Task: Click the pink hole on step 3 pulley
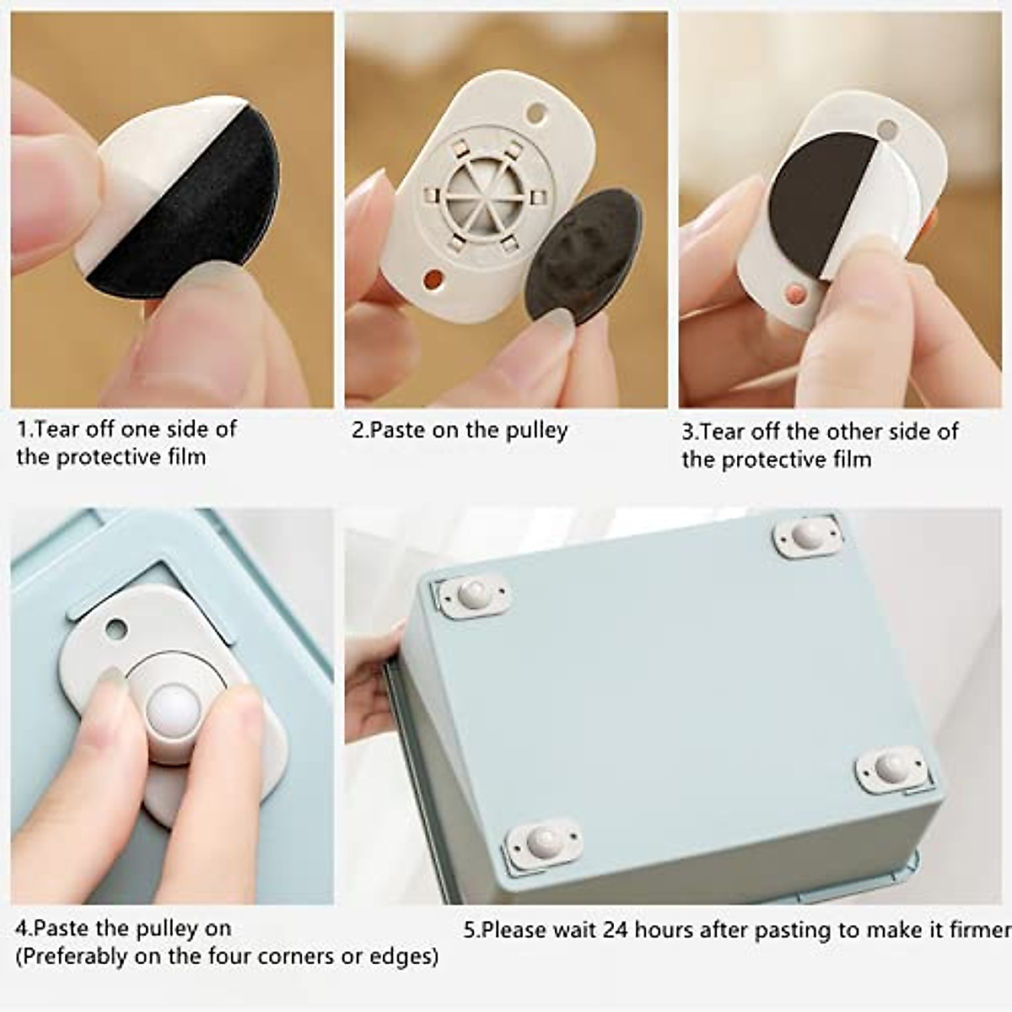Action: [794, 293]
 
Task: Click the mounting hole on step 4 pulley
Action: [116, 628]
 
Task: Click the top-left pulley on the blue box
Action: [473, 594]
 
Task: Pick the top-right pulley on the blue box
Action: [807, 534]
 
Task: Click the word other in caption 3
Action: [855, 432]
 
